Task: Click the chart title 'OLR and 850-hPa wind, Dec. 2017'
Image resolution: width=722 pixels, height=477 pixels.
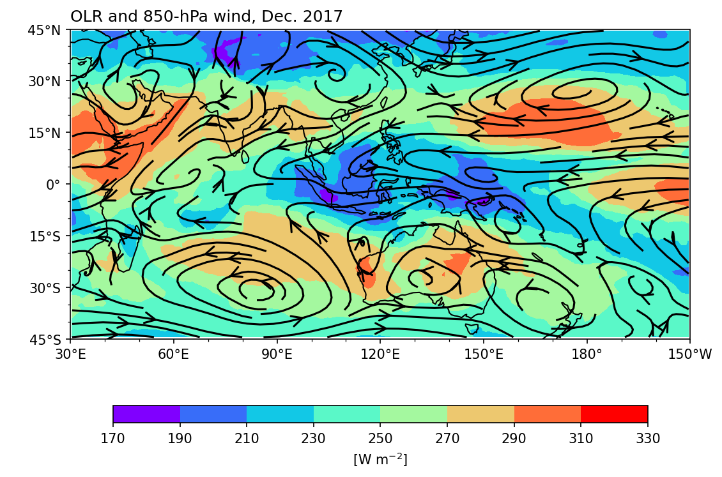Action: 206,17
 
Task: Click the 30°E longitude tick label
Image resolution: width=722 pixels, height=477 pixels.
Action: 70,354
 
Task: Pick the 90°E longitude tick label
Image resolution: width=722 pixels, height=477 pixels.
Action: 277,354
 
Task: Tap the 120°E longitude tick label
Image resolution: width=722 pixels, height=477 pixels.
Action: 380,354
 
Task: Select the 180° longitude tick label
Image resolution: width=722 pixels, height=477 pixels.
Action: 587,354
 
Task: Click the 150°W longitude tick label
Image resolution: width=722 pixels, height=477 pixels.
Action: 689,354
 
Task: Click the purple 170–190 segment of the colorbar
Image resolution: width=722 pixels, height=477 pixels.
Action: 146,414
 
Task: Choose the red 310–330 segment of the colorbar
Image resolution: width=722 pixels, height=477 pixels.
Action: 614,414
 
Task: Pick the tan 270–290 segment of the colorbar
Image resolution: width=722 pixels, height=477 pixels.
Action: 480,414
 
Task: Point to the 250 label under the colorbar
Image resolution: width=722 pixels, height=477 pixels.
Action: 380,439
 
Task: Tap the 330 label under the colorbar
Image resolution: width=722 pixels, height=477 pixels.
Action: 647,439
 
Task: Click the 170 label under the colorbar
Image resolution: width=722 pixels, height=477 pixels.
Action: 113,439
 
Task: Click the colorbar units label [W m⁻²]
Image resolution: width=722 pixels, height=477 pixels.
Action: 380,459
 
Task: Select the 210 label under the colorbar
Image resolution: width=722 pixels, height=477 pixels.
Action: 247,439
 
